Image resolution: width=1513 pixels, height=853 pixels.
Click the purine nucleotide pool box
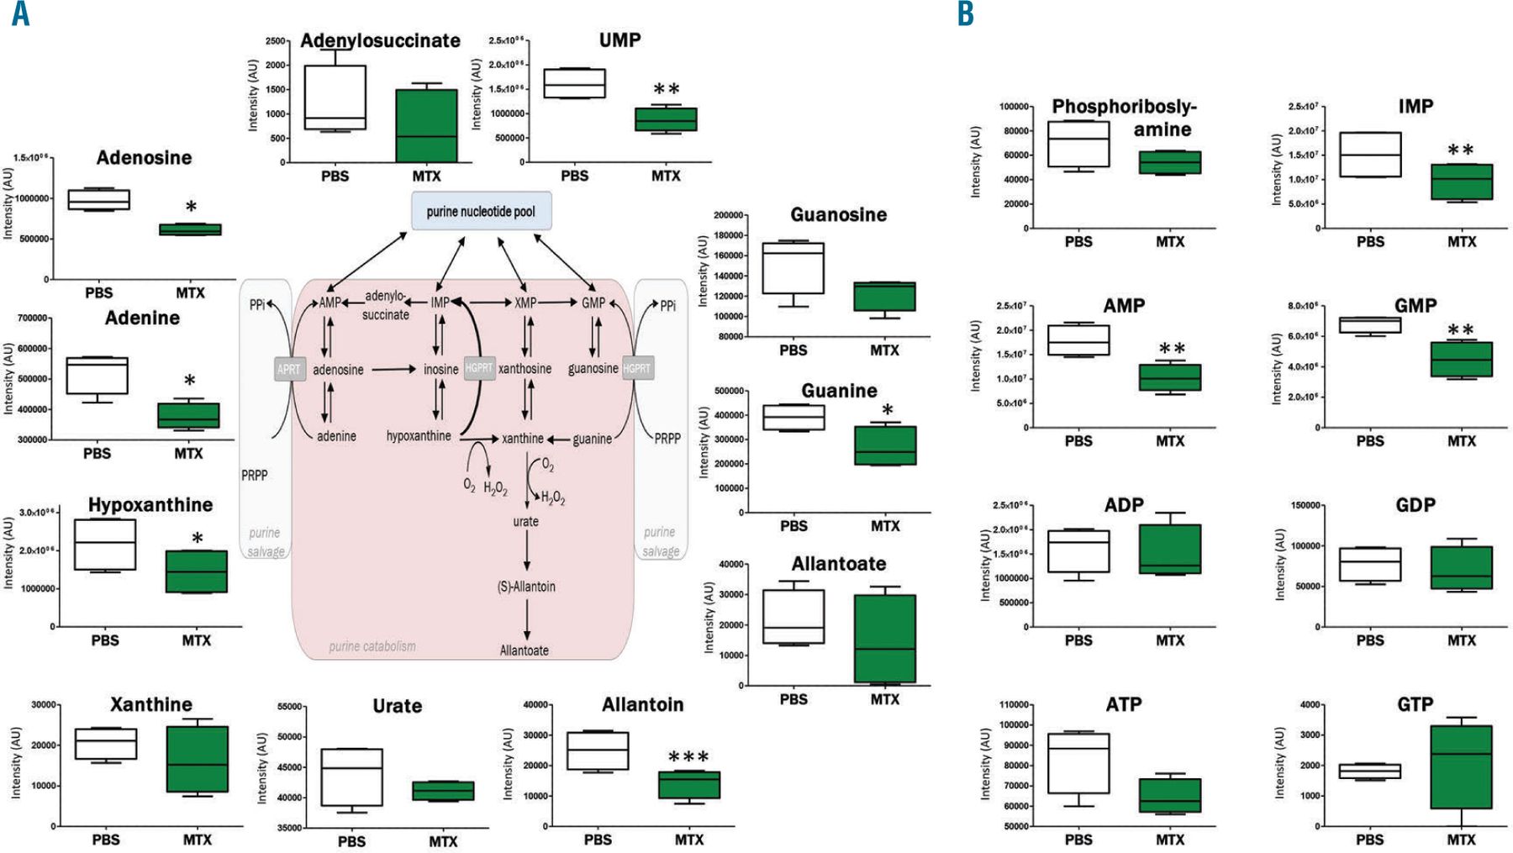[x=481, y=211]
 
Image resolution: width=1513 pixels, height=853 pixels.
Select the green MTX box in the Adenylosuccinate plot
[x=426, y=125]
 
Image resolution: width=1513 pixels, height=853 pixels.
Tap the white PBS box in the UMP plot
[x=574, y=83]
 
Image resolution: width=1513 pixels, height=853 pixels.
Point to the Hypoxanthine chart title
[x=150, y=505]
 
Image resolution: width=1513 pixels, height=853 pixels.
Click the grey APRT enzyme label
[x=288, y=369]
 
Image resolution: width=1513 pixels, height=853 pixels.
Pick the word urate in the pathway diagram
[x=526, y=522]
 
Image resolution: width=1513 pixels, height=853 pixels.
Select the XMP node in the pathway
[x=525, y=303]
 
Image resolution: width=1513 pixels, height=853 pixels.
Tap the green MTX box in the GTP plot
[x=1461, y=766]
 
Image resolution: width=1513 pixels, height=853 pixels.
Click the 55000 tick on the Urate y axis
[x=289, y=707]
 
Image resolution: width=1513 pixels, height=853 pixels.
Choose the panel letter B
[x=966, y=14]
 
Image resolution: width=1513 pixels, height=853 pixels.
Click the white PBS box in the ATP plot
[x=1078, y=763]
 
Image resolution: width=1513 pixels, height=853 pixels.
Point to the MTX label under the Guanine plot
[x=885, y=526]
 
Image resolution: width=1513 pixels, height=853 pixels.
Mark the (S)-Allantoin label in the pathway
[x=526, y=587]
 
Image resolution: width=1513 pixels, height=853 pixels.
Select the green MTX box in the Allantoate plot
[x=884, y=639]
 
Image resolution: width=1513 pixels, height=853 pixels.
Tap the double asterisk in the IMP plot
[x=1461, y=151]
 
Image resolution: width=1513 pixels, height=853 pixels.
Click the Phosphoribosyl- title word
[x=1124, y=107]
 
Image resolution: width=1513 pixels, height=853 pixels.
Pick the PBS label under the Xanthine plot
[x=106, y=840]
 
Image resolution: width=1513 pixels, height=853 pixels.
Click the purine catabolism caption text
[x=372, y=646]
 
